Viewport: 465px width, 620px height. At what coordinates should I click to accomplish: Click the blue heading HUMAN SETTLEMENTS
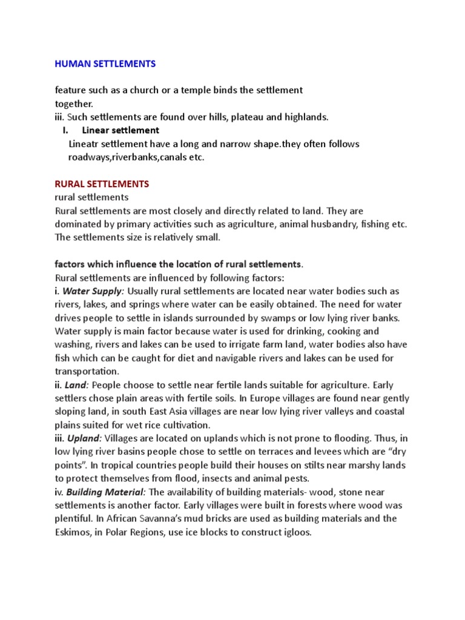(x=105, y=64)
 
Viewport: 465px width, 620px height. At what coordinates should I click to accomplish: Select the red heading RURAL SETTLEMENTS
(x=102, y=183)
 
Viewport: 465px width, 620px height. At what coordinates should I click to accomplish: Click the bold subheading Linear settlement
(x=120, y=130)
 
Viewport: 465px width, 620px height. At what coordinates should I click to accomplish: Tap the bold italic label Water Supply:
(x=93, y=291)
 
